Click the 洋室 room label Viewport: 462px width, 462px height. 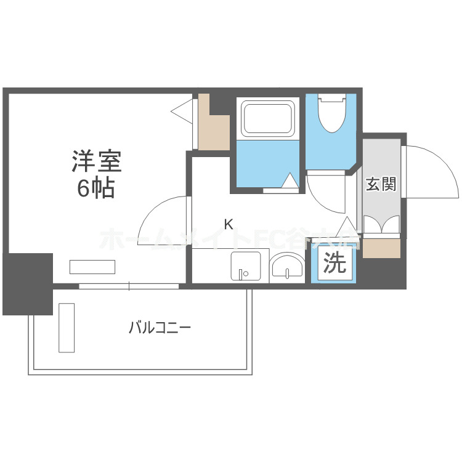coord(97,161)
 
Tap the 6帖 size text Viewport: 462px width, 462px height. coord(96,188)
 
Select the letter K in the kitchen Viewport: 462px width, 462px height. coord(228,225)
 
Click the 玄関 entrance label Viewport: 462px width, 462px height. coord(380,184)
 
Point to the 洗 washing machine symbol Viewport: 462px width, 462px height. coord(335,264)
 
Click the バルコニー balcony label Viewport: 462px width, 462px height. coord(160,326)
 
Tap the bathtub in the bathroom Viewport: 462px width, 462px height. coord(268,119)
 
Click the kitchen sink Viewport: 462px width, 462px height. coord(249,266)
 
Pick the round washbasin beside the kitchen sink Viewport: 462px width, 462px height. coord(287,267)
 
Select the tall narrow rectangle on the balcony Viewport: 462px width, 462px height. coord(66,327)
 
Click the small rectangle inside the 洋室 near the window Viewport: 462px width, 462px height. coord(92,267)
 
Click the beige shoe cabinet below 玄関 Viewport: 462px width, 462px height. coord(381,248)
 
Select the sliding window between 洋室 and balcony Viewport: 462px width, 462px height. coord(129,286)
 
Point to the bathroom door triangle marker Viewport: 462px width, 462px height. coord(289,181)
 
